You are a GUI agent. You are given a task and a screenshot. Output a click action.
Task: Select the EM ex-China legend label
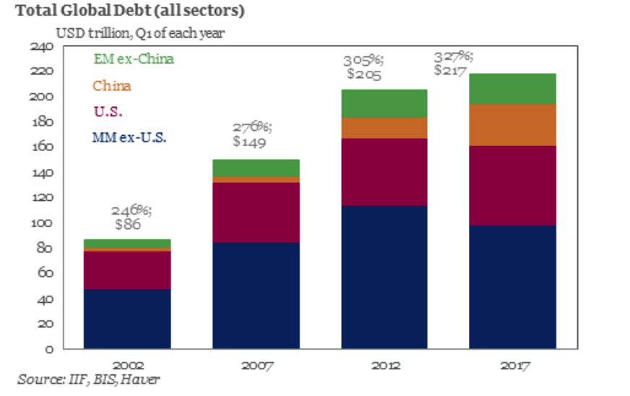(x=134, y=59)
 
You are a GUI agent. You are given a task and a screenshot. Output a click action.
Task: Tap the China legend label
(x=112, y=86)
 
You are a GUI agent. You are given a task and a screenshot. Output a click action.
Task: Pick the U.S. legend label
(x=108, y=111)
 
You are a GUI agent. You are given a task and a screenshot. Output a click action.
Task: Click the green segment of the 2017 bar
(x=513, y=88)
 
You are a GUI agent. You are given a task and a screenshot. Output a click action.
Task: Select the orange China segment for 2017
(x=513, y=125)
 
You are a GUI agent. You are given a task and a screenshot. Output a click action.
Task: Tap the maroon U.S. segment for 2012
(x=384, y=172)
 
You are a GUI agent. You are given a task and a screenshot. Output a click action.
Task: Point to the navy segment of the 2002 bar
(x=127, y=319)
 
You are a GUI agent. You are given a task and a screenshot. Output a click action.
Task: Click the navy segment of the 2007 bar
(x=256, y=296)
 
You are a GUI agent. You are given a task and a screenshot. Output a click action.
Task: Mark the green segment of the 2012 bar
(x=384, y=103)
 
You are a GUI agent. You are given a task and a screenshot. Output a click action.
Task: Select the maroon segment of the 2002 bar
(x=127, y=270)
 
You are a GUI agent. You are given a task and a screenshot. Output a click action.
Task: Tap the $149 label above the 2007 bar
(x=249, y=142)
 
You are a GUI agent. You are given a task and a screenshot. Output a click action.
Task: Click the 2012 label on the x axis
(x=384, y=366)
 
